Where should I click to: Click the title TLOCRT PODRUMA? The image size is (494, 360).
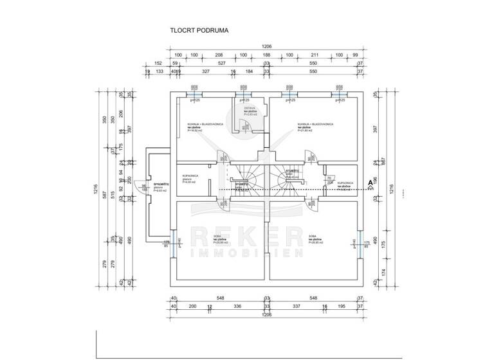click(200, 30)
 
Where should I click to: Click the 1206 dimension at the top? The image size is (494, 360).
click(266, 46)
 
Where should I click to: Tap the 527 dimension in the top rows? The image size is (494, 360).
click(221, 64)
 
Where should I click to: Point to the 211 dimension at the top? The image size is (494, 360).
click(315, 55)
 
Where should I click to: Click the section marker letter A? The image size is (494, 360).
click(370, 183)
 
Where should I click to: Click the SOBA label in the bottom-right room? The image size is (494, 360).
click(312, 237)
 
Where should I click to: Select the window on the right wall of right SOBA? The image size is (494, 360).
click(361, 243)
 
